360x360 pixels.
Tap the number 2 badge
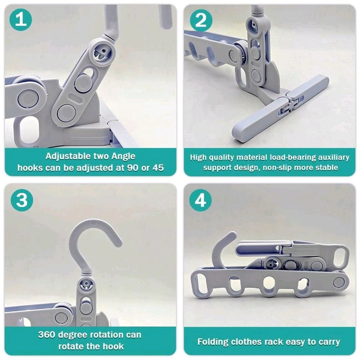(201, 20)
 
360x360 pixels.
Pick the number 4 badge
(201, 200)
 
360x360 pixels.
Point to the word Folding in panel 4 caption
(214, 341)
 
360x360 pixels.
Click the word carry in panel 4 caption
(328, 341)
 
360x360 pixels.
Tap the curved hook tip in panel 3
(114, 239)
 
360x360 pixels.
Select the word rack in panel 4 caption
(281, 341)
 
